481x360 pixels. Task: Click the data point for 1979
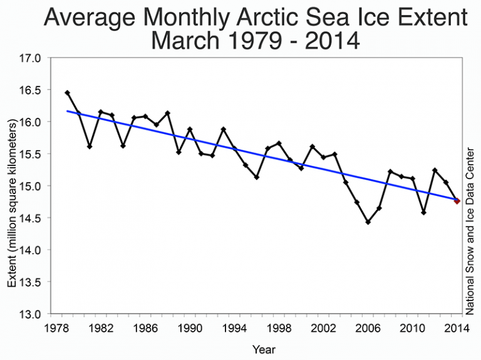pyautogui.click(x=67, y=93)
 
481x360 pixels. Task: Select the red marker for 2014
pyautogui.click(x=457, y=201)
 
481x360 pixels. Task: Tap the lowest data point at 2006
pyautogui.click(x=368, y=222)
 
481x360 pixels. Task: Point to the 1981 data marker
pyautogui.click(x=90, y=146)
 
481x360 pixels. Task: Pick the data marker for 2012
pyautogui.click(x=435, y=170)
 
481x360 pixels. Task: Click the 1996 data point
pyautogui.click(x=257, y=177)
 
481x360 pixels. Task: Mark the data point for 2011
pyautogui.click(x=423, y=212)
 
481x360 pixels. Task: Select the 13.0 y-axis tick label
pyautogui.click(x=29, y=314)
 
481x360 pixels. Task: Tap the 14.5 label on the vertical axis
pyautogui.click(x=29, y=218)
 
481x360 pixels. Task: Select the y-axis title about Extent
pyautogui.click(x=13, y=187)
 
